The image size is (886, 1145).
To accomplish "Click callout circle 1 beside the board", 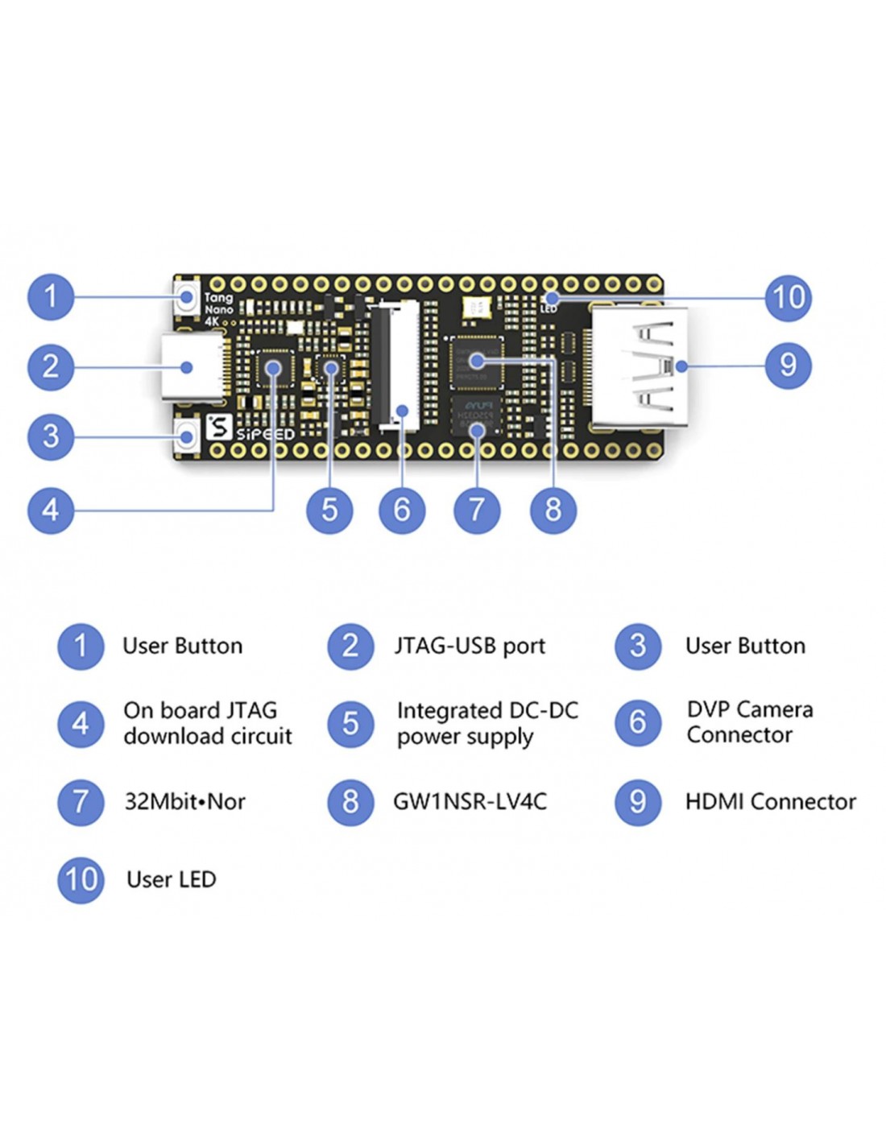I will pos(51,296).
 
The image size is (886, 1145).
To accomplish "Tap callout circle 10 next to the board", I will pos(788,297).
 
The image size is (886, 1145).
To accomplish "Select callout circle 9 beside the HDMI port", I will pos(788,366).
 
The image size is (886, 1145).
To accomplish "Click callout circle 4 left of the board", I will pos(51,510).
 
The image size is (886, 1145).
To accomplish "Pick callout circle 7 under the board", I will pos(477,510).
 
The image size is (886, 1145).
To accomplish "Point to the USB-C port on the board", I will pos(193,367).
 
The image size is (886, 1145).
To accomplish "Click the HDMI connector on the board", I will pos(640,366).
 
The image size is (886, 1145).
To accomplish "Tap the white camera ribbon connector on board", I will pos(396,365).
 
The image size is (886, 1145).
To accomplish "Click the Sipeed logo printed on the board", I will pos(250,428).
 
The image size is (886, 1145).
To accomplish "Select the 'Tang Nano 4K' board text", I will pos(218,309).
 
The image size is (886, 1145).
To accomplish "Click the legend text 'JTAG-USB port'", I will pos(470,646).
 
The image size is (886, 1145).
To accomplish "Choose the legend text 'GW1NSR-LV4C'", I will pos(470,802).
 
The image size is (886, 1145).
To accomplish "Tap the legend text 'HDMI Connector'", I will pos(770,802).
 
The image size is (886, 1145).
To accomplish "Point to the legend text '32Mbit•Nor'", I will pos(184,802).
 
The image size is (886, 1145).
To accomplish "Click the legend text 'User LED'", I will pos(171,879).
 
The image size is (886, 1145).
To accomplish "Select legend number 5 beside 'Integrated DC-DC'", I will pos(350,723).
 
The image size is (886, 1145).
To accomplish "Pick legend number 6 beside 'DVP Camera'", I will pos(637,722).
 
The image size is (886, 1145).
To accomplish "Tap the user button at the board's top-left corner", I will pos(188,297).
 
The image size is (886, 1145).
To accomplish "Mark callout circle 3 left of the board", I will pos(51,436).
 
